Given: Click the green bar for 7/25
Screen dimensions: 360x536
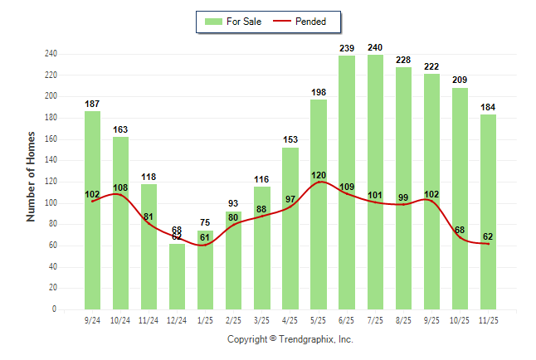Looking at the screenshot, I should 375,182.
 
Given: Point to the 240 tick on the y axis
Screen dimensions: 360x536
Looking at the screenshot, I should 51,54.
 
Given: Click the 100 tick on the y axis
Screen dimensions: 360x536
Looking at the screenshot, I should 51,203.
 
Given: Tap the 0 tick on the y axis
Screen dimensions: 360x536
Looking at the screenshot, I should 54,309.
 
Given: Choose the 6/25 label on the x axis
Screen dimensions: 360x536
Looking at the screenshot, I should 347,319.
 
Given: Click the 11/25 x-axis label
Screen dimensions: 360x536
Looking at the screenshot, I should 488,319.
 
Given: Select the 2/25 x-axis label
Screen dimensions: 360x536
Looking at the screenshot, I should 233,319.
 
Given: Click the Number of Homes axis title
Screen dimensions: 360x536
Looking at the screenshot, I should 32,176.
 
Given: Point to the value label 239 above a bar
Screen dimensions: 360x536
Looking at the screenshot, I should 347,49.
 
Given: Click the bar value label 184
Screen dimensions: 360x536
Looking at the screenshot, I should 488,107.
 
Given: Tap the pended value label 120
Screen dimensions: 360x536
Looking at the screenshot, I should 319,176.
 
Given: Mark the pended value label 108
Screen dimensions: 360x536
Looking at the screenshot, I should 120,188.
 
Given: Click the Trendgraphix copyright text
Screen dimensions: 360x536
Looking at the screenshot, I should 290,339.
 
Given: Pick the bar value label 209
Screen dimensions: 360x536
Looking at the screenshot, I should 460,80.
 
